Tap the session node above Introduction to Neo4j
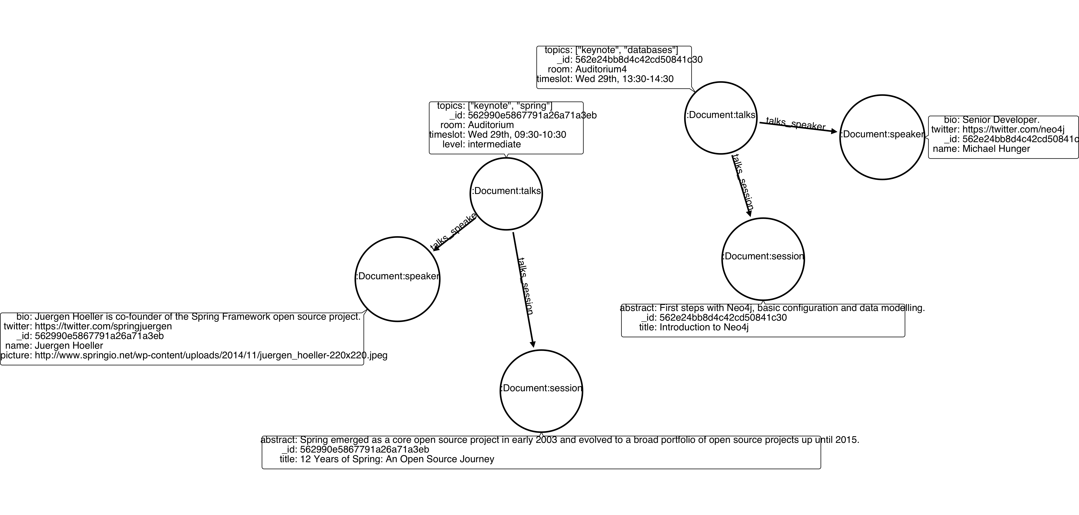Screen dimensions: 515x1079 [x=763, y=259]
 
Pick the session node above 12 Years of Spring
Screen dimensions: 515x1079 [x=541, y=391]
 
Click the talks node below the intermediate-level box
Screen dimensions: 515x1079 [x=506, y=194]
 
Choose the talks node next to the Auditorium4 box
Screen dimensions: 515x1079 [x=720, y=118]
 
